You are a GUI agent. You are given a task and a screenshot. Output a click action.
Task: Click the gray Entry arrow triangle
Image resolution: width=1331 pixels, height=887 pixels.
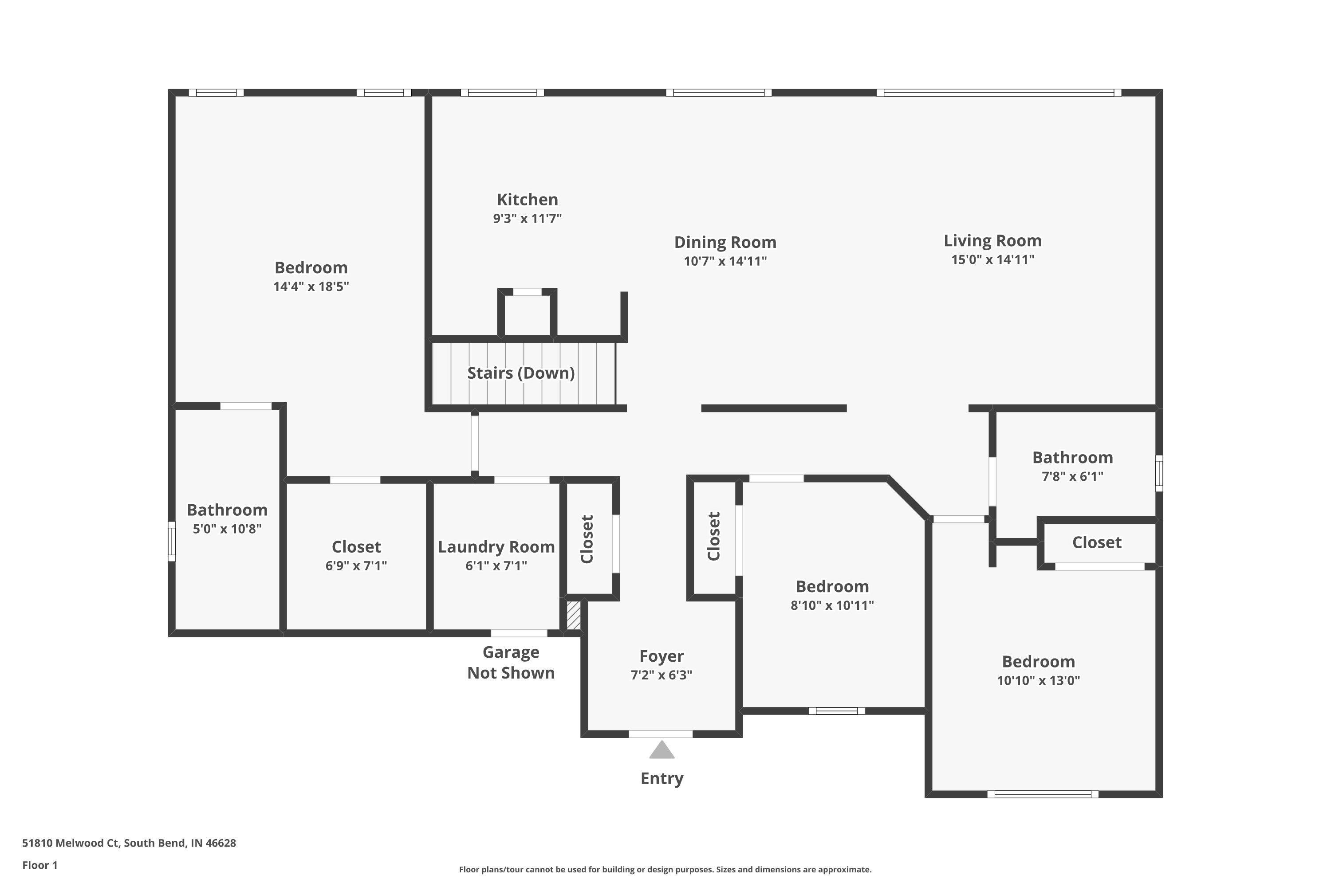click(x=662, y=751)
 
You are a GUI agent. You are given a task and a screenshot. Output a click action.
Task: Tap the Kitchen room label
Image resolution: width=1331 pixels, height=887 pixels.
click(x=527, y=200)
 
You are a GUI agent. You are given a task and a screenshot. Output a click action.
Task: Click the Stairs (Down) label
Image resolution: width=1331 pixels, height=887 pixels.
click(x=520, y=373)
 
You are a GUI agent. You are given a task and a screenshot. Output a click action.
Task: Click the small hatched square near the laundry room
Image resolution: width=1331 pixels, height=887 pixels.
click(x=573, y=615)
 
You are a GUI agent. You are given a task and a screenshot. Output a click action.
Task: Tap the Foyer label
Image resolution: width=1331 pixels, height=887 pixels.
click(x=661, y=656)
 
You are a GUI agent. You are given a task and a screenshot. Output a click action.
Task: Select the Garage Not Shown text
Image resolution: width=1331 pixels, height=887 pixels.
click(x=511, y=663)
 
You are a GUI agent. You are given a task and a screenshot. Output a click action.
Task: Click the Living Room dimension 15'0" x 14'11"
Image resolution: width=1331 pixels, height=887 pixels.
click(x=992, y=259)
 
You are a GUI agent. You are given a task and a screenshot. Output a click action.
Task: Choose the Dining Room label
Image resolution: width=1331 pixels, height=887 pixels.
click(x=725, y=242)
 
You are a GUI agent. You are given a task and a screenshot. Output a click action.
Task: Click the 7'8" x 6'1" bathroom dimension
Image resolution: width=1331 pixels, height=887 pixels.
click(x=1072, y=476)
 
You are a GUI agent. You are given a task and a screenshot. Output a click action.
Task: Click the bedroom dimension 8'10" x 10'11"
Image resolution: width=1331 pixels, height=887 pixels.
click(x=831, y=605)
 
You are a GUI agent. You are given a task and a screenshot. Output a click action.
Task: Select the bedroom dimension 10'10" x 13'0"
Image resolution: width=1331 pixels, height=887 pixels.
click(x=1038, y=680)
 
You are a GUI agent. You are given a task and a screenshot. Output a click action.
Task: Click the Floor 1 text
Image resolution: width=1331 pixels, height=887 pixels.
click(x=39, y=865)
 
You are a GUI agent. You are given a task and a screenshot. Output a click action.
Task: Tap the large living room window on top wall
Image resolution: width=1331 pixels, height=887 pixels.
click(x=998, y=93)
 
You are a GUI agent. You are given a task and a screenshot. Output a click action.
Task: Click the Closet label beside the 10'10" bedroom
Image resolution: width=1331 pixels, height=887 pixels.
click(x=1096, y=542)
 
